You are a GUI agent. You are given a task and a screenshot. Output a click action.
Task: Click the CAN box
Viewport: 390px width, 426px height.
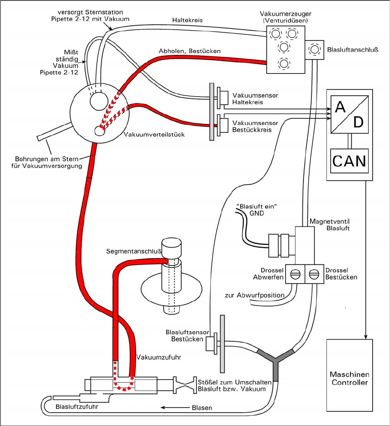click(348, 160)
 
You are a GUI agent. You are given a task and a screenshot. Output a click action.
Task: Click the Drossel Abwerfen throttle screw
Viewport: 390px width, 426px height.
click(294, 274)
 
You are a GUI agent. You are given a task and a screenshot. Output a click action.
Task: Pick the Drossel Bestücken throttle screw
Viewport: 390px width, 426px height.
click(314, 274)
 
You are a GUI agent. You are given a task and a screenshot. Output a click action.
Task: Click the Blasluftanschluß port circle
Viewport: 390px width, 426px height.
click(315, 50)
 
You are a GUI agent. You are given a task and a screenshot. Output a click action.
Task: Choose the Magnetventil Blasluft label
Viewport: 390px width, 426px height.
click(330, 225)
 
